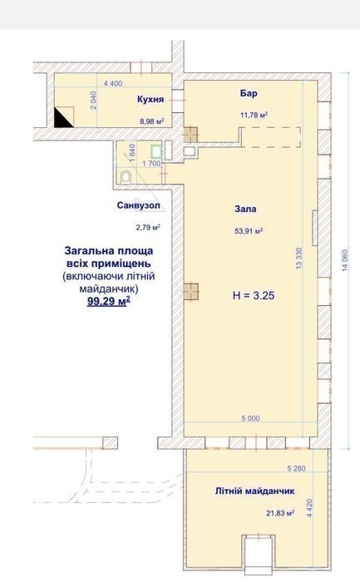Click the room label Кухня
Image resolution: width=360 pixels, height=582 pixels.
pyautogui.click(x=150, y=100)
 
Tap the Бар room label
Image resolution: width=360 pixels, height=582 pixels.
pyautogui.click(x=249, y=93)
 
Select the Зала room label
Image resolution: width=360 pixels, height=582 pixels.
pyautogui.click(x=245, y=209)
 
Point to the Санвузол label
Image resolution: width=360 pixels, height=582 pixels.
pyautogui.click(x=139, y=205)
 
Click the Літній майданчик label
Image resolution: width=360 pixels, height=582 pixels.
pyautogui.click(x=254, y=491)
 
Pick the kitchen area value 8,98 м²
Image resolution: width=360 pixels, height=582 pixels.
pyautogui.click(x=152, y=121)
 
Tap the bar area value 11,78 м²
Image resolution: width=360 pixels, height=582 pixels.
pyautogui.click(x=254, y=115)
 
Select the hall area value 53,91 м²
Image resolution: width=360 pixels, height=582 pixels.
pyautogui.click(x=249, y=231)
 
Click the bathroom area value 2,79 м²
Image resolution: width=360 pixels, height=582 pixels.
pyautogui.click(x=148, y=227)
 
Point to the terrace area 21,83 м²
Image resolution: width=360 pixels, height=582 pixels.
pyautogui.click(x=280, y=513)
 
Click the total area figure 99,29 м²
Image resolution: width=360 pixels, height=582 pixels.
pyautogui.click(x=109, y=301)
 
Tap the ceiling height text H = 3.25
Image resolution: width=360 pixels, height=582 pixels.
pyautogui.click(x=254, y=295)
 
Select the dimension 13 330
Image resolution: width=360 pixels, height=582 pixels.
pyautogui.click(x=299, y=259)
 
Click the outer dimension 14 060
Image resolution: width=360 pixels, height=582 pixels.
pyautogui.click(x=345, y=260)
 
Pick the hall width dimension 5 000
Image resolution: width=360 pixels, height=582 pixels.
pyautogui.click(x=250, y=418)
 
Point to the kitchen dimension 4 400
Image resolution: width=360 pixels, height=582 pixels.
pyautogui.click(x=113, y=83)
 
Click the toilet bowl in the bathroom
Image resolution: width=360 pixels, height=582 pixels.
pyautogui.click(x=126, y=177)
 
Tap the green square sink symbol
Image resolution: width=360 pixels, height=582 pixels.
pyautogui.click(x=156, y=151)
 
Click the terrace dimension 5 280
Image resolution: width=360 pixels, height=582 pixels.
pyautogui.click(x=297, y=468)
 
